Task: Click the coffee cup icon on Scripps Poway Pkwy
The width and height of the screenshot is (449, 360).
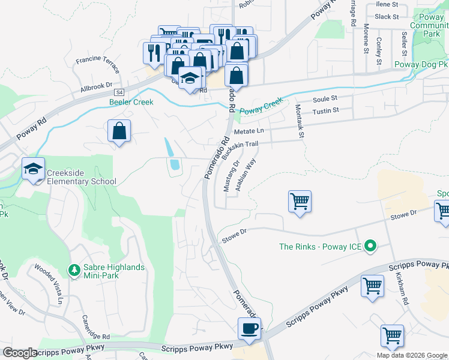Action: [x=249, y=329]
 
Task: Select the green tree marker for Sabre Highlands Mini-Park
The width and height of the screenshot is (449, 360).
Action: [x=74, y=271]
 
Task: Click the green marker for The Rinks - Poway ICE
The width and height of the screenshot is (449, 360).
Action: [x=370, y=246]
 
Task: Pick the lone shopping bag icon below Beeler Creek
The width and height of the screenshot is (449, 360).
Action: [x=119, y=131]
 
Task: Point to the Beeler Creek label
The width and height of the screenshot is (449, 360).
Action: [x=131, y=102]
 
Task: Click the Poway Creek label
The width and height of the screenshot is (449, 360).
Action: [x=261, y=107]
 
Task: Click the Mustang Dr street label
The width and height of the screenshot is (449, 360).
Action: [x=232, y=176]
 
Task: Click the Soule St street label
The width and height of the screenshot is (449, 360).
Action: [x=325, y=98]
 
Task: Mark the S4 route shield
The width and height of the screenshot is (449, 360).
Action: [x=119, y=92]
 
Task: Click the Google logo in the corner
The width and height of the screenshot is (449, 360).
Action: [x=20, y=353]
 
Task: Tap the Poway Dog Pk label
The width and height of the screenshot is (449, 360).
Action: [x=420, y=64]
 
